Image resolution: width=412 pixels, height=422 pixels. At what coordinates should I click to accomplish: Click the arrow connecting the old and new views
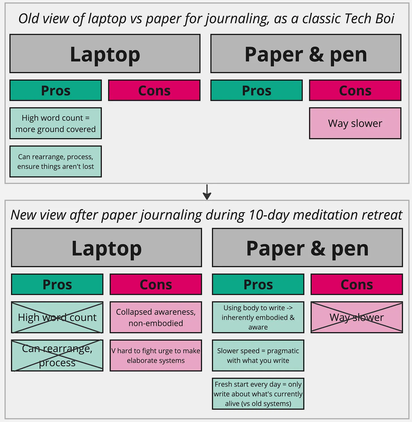pos(207,192)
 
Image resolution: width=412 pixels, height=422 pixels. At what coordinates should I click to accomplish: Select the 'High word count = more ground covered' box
pos(56,123)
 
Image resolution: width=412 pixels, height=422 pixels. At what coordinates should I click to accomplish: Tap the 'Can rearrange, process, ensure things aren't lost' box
pos(56,161)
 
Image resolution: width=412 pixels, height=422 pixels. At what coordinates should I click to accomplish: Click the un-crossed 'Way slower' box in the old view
pos(355,123)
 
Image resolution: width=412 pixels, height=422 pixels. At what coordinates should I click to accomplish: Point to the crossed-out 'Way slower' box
pos(357,317)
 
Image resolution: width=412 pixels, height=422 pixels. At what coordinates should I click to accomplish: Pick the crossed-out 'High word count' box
pos(57,317)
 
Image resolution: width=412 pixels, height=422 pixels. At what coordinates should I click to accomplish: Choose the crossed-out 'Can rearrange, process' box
pos(57,355)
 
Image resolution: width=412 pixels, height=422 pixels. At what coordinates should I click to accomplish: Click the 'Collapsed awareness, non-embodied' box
pos(156,317)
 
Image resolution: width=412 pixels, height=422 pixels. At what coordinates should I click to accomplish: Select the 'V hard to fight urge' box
pos(156,355)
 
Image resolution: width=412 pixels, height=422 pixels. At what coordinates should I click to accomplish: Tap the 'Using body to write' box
pos(258,317)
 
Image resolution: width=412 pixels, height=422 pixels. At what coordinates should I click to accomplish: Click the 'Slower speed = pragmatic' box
pos(258,355)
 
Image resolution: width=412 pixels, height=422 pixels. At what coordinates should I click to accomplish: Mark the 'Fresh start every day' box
pos(258,394)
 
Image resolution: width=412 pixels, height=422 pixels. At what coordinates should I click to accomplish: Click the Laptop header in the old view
pos(105,54)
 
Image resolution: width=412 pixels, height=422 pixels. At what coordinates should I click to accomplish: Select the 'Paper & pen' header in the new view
pos(307,248)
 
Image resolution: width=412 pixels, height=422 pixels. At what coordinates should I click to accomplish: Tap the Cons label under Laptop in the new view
pos(156,284)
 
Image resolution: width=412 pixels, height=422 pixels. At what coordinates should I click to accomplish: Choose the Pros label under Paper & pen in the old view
pos(257,91)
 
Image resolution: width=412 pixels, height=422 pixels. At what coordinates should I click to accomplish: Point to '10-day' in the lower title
pos(269,215)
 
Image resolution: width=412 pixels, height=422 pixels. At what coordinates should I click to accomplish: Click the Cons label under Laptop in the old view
pos(154,91)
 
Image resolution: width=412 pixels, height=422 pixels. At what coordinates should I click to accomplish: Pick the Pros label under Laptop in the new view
pos(57,284)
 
